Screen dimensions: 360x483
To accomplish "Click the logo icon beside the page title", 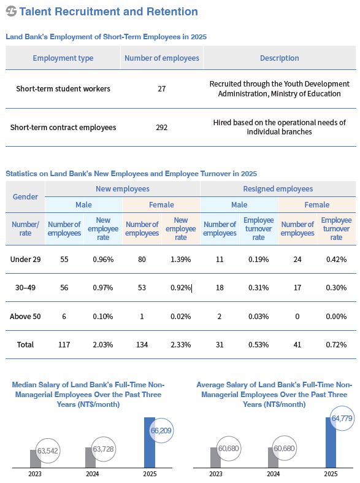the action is tap(11, 12).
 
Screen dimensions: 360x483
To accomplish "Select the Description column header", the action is tap(280, 58).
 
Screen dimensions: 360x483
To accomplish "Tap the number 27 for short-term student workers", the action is tap(161, 89).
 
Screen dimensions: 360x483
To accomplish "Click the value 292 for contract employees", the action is tap(161, 127).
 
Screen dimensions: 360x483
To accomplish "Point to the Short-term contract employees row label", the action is tap(63, 127).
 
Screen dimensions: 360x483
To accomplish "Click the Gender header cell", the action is tap(25, 196).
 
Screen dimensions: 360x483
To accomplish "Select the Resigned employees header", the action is tap(278, 188).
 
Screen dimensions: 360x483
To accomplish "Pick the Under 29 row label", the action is tap(25, 259).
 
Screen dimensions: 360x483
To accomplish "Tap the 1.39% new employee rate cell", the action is tap(181, 260).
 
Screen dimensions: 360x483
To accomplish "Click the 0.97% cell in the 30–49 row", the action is tap(103, 288).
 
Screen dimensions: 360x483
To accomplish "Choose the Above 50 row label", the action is tap(25, 316).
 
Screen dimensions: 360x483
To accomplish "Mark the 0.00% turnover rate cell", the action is tap(336, 316).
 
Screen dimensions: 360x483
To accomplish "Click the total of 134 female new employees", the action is tap(142, 345).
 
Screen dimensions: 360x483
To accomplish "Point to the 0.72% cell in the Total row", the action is tap(336, 345).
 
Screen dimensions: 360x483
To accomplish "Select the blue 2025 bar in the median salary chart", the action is tap(150, 442).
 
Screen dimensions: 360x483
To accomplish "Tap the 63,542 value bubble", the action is tap(48, 450).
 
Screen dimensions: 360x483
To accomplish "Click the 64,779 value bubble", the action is tap(342, 419).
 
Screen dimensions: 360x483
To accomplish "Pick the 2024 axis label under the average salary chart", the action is tap(273, 474).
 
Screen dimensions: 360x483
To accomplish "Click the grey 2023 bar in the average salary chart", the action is tap(215, 457).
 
